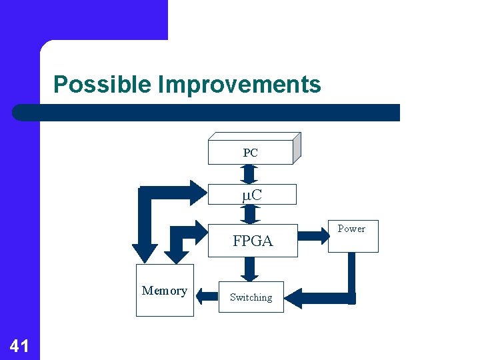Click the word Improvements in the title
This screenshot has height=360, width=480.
click(239, 85)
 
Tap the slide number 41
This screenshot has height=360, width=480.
click(19, 345)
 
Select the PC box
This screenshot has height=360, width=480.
click(251, 152)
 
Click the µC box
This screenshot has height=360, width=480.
click(251, 194)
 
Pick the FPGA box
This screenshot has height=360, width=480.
click(253, 240)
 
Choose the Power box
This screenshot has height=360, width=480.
click(353, 236)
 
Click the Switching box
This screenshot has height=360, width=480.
click(251, 297)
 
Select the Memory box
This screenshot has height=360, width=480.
click(165, 290)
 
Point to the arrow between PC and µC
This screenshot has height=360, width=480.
click(250, 173)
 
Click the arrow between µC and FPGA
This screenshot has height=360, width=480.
click(251, 214)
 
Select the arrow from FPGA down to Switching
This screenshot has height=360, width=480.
click(250, 269)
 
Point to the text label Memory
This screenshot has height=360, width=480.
click(165, 291)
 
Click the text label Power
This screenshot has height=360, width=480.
click(351, 229)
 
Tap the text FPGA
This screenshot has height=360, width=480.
click(253, 241)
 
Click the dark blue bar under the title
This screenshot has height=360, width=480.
click(207, 113)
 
